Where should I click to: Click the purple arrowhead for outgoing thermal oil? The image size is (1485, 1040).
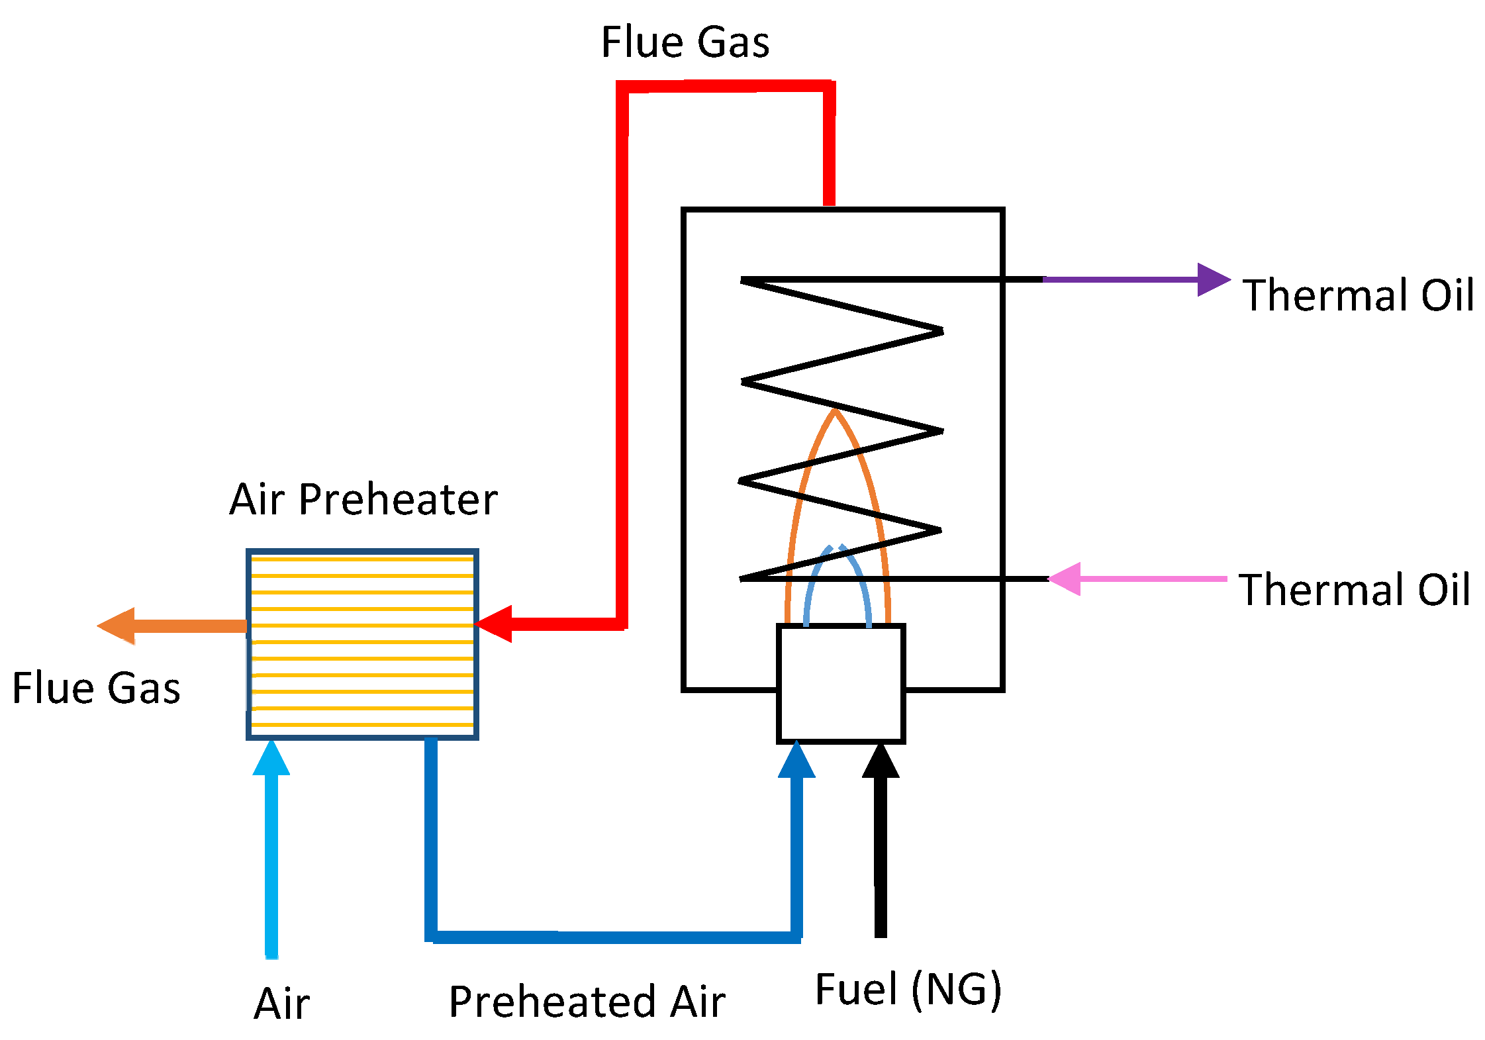(x=1212, y=279)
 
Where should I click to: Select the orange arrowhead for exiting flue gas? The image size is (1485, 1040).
(x=118, y=626)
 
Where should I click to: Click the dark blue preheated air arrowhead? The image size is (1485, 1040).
(x=796, y=761)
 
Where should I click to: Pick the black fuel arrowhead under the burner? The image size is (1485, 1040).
(x=881, y=762)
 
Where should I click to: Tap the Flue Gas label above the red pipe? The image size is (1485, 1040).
(x=685, y=42)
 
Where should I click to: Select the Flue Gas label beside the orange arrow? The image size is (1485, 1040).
(x=96, y=688)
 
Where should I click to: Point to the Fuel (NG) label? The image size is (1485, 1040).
(x=908, y=990)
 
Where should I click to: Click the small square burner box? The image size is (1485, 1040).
(x=841, y=683)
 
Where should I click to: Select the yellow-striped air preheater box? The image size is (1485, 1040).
(x=362, y=643)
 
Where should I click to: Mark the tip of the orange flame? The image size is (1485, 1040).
(x=836, y=412)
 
